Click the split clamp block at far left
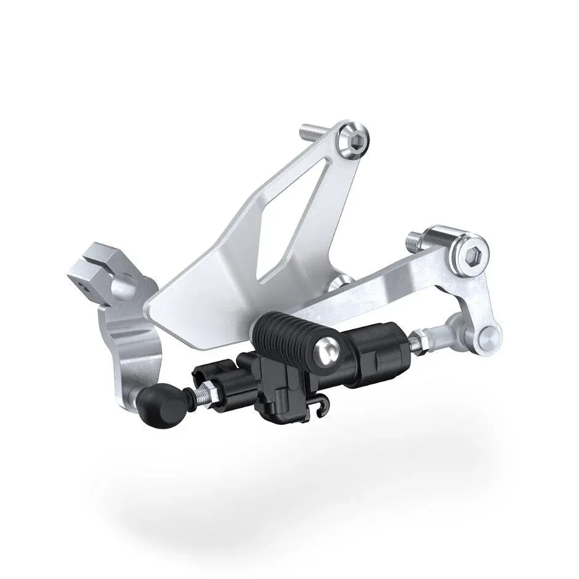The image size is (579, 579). tap(99, 269)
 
